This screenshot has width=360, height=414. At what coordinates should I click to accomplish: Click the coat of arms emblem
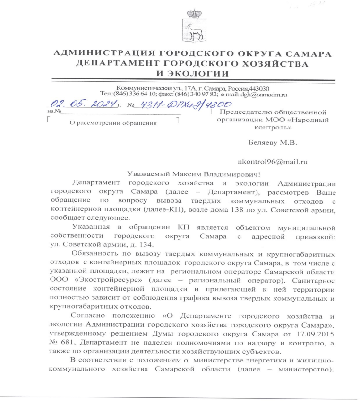pyautogui.click(x=192, y=27)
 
